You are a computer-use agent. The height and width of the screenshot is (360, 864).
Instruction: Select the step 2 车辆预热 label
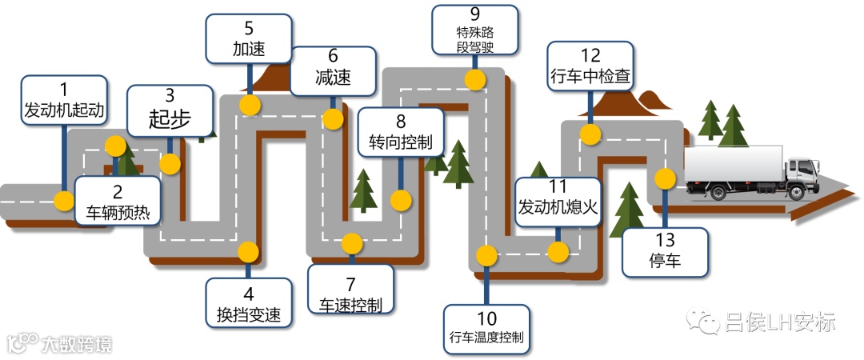(x=118, y=202)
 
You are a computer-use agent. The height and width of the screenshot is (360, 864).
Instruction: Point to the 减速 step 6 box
(x=333, y=70)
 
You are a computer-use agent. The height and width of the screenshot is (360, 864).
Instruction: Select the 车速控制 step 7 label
(x=350, y=293)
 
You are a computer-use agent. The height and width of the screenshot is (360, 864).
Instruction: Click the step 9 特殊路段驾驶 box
(x=474, y=29)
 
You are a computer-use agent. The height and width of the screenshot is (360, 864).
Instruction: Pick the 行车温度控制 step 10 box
(x=486, y=329)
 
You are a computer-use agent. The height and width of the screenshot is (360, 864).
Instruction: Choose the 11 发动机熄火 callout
(x=558, y=199)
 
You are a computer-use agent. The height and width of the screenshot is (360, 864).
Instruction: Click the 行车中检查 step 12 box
(x=591, y=66)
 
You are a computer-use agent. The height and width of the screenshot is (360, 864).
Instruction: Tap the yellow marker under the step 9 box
(x=475, y=79)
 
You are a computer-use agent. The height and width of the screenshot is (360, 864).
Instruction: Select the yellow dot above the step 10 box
(x=486, y=255)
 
